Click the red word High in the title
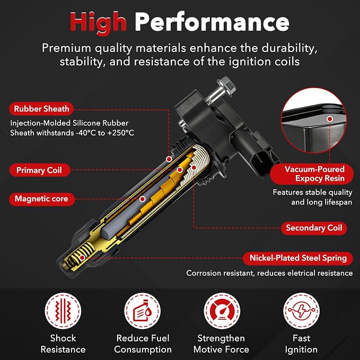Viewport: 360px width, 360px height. click(x=98, y=23)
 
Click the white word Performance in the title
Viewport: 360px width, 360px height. click(x=212, y=22)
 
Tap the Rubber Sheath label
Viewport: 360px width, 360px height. click(x=41, y=109)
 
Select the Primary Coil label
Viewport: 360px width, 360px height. click(x=39, y=170)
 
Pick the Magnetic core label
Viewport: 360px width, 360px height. click(x=42, y=199)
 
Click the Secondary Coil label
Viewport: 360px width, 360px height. click(x=314, y=228)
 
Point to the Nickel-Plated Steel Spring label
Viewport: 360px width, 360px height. click(x=298, y=258)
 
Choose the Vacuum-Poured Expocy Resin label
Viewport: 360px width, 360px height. click(x=312, y=174)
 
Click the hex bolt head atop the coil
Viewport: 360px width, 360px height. click(x=226, y=84)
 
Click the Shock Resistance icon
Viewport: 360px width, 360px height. click(x=63, y=311)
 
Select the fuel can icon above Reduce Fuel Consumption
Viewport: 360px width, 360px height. click(x=142, y=311)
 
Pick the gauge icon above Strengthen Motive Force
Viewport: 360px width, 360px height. click(x=222, y=311)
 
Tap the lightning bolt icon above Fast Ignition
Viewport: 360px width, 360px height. click(x=301, y=311)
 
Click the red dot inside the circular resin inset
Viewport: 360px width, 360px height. click(x=330, y=119)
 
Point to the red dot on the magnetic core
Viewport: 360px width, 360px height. click(x=142, y=199)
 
